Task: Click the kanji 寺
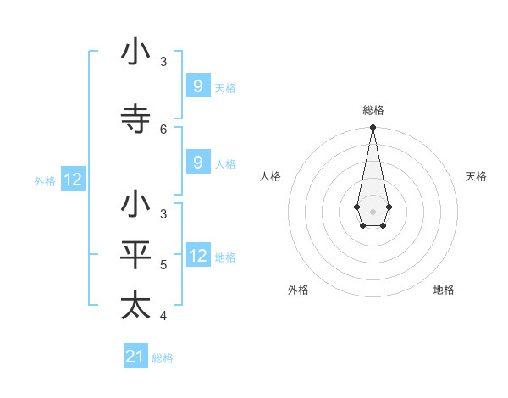click(x=135, y=118)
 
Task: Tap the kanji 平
click(x=135, y=254)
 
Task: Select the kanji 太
click(x=135, y=305)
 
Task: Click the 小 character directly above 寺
click(x=135, y=52)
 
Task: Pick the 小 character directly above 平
click(x=135, y=204)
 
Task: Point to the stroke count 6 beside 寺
click(x=163, y=129)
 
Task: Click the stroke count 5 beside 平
click(x=163, y=264)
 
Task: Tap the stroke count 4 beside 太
click(x=163, y=316)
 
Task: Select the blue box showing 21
click(x=135, y=357)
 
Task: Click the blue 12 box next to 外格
click(x=73, y=180)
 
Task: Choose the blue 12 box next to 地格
click(x=198, y=256)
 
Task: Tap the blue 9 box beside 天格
click(x=198, y=86)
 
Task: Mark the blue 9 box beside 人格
click(x=198, y=163)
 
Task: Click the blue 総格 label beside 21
click(x=163, y=358)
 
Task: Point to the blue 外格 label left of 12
click(x=45, y=180)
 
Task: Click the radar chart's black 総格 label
click(x=373, y=110)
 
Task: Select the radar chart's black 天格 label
click(x=476, y=176)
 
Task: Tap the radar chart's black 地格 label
click(x=444, y=290)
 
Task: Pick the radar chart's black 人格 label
click(x=270, y=176)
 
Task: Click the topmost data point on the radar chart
click(x=373, y=128)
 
